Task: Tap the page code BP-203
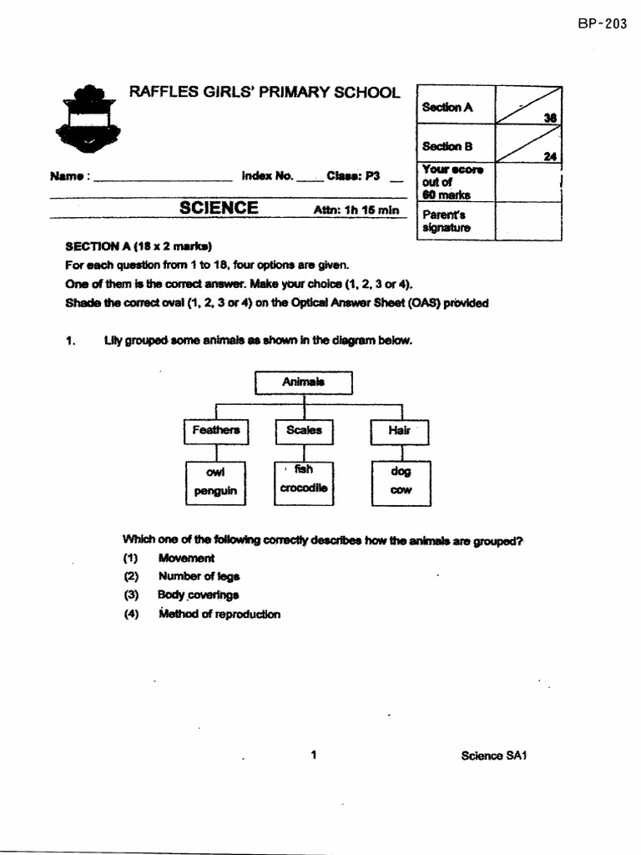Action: (x=602, y=24)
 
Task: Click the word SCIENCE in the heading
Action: (x=219, y=208)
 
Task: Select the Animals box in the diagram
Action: (x=304, y=382)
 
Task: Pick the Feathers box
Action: (x=216, y=431)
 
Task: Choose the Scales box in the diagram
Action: (x=304, y=431)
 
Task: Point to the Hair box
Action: (x=399, y=432)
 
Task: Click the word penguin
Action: (x=216, y=492)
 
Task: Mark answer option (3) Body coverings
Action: (x=198, y=595)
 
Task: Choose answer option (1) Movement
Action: (x=186, y=558)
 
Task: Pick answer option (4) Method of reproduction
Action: (x=219, y=615)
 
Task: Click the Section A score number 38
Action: (x=549, y=118)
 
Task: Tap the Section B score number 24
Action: (x=549, y=156)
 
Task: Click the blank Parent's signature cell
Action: (x=527, y=221)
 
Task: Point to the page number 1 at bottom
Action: (x=313, y=756)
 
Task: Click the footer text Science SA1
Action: (x=496, y=756)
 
